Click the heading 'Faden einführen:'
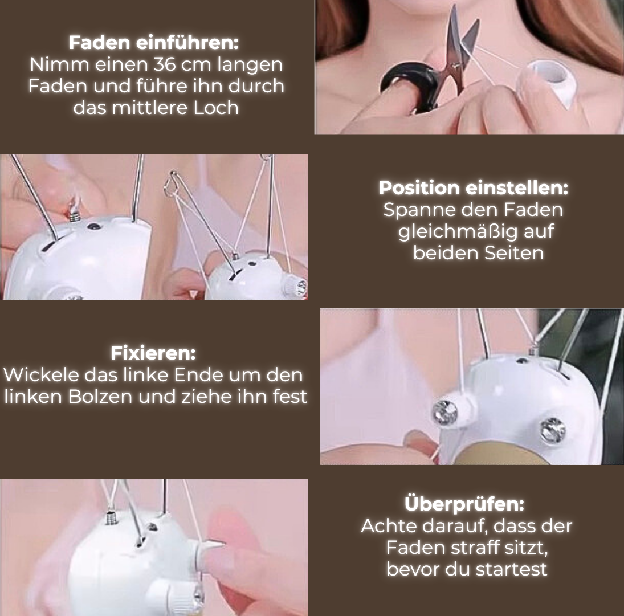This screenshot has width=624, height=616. tap(154, 43)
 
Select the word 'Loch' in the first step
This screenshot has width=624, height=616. tap(216, 108)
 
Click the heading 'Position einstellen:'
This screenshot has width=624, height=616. tap(474, 188)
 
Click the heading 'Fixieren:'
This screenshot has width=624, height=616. tap(153, 353)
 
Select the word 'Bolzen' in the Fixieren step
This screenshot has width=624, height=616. tap(100, 397)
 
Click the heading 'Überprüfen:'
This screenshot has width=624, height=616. tap(464, 504)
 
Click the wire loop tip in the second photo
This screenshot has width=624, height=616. tap(172, 185)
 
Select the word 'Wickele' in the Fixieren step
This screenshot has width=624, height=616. tap(40, 375)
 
